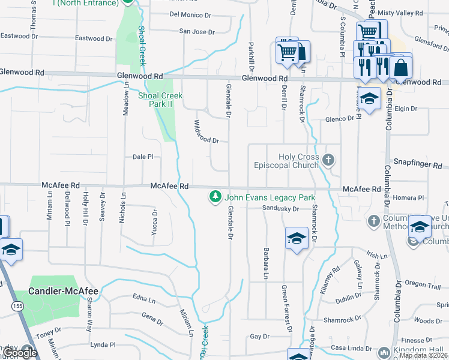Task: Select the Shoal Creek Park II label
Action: click(160, 100)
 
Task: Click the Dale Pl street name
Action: click(143, 157)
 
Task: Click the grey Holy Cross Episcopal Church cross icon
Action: click(328, 160)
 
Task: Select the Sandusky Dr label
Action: click(281, 209)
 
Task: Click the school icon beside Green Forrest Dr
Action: click(297, 239)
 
